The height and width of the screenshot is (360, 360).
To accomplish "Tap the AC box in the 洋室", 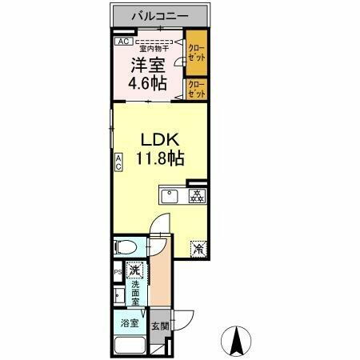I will [123, 41].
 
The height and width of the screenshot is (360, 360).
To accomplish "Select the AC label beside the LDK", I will [118, 162].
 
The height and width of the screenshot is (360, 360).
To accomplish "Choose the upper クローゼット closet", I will [196, 52].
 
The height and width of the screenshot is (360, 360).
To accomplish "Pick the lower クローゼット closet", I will [196, 90].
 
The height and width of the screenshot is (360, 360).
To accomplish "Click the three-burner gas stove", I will [196, 195].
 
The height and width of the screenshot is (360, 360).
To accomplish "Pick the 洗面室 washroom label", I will [136, 294].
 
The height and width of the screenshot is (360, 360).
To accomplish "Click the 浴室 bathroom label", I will [130, 324].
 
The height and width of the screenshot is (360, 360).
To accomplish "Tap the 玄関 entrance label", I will [160, 326].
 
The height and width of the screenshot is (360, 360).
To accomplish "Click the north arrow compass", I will [238, 342].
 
